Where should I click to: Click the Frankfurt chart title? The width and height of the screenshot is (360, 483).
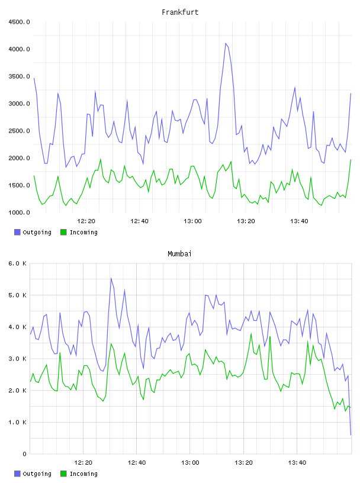(x=180, y=12)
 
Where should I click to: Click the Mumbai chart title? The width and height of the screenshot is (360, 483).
(x=179, y=254)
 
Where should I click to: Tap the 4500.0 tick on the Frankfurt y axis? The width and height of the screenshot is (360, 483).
(x=19, y=22)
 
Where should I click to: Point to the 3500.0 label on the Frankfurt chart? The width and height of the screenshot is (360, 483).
(x=19, y=76)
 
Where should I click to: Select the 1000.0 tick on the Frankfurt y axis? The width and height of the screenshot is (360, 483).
(x=19, y=212)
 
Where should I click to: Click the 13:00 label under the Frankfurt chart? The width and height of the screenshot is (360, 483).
(x=192, y=221)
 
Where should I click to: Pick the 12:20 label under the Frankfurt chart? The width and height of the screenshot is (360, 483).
(x=86, y=221)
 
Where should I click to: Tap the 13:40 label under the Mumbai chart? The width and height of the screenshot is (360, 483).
(x=297, y=463)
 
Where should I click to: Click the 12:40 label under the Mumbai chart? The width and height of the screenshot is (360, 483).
(x=137, y=463)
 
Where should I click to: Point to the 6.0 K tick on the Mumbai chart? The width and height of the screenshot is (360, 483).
(x=17, y=263)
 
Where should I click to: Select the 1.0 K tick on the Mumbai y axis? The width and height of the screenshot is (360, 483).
(x=17, y=422)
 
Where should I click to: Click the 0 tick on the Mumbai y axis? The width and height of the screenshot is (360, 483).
(x=24, y=454)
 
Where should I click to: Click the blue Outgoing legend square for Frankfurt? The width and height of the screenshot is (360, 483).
(x=17, y=232)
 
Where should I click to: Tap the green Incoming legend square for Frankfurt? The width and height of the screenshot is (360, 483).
(x=63, y=232)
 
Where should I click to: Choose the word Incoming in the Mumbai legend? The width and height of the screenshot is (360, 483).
(x=83, y=474)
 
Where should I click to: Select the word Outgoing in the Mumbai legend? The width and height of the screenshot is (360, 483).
(x=37, y=474)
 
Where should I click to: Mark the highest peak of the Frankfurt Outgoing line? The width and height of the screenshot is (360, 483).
(x=226, y=43)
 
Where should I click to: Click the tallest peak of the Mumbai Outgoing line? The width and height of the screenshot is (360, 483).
(x=111, y=278)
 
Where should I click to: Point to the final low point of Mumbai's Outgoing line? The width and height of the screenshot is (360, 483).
(x=351, y=434)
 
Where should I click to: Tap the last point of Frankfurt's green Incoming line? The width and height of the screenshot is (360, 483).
(x=351, y=160)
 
